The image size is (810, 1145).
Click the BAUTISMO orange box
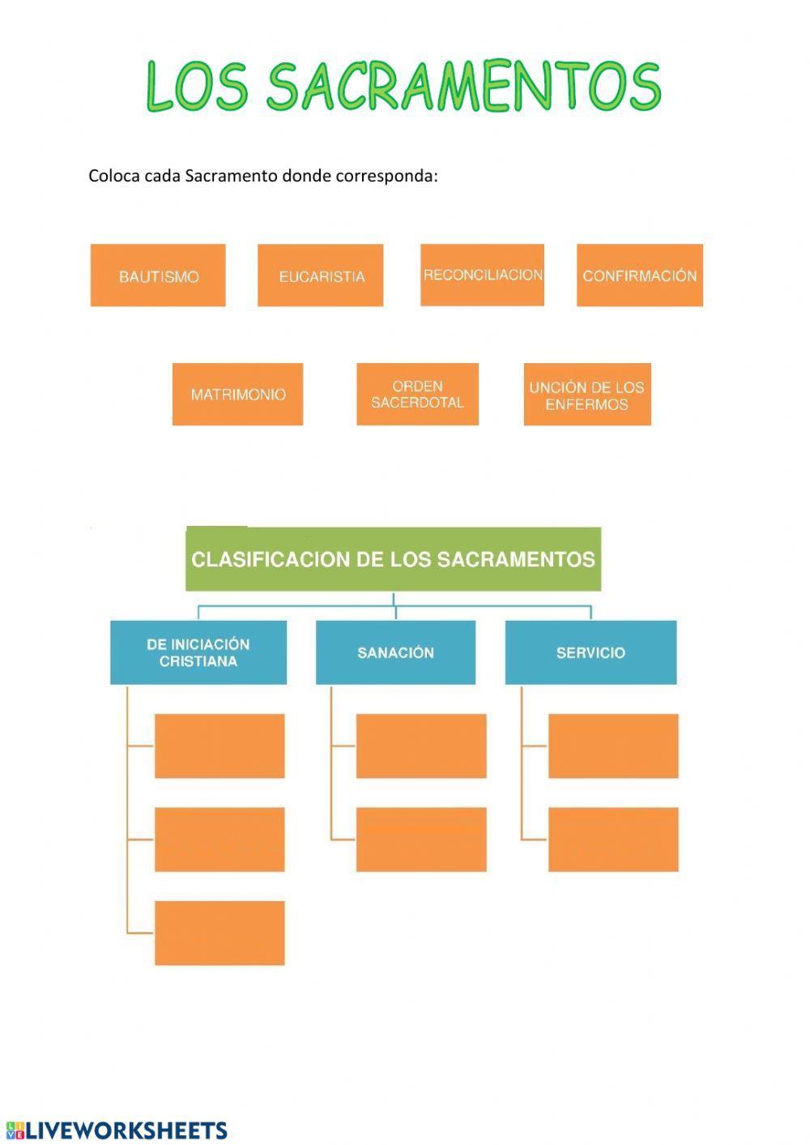158,276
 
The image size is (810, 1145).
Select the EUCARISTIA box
320,276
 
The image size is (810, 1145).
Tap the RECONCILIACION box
482,275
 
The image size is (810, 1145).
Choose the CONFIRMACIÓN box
639,276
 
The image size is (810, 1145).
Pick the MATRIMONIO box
237,394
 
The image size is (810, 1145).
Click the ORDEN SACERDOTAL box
417,394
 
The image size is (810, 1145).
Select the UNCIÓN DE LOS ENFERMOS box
586,395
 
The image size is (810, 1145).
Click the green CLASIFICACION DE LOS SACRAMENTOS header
393,559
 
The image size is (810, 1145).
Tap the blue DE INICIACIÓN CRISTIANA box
198,652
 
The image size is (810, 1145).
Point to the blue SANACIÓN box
395,652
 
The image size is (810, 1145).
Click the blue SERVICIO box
590,652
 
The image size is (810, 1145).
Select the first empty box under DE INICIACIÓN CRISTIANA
219,746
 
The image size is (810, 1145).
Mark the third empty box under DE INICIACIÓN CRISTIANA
219,933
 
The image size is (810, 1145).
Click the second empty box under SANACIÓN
420,839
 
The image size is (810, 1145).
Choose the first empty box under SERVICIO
612,746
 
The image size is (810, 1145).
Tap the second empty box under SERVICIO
612,839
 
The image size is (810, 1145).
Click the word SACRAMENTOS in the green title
463,86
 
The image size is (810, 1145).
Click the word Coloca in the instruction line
113,176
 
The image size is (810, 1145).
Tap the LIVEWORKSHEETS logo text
126,1130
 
